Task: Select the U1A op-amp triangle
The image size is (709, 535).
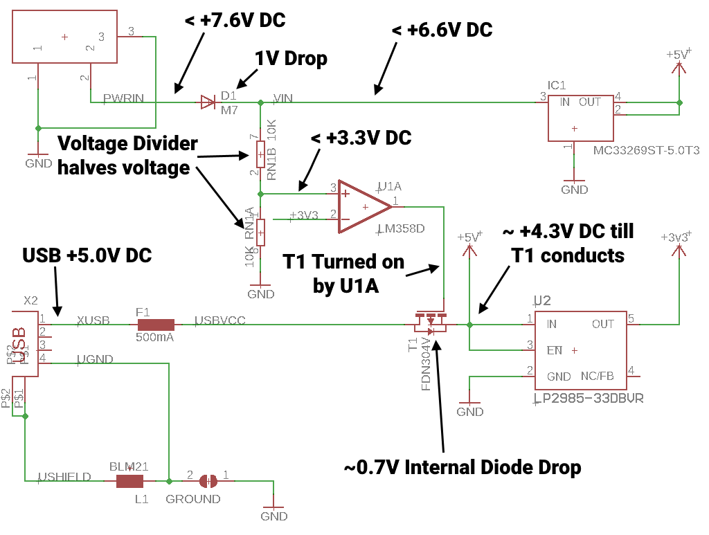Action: [x=364, y=207]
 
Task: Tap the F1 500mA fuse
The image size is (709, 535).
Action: [x=156, y=324]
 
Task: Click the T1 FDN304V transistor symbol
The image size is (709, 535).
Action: [x=431, y=322]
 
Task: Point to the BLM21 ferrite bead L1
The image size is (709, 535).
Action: [x=129, y=481]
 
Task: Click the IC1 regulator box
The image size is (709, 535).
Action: [x=581, y=118]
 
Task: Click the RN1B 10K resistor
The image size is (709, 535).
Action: [x=260, y=153]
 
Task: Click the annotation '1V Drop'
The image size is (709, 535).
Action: [x=291, y=59]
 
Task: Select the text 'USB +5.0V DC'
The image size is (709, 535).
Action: [x=87, y=255]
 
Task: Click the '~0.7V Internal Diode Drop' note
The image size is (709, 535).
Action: [x=462, y=467]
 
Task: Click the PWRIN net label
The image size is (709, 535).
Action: [x=123, y=98]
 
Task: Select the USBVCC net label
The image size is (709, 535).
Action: [x=220, y=320]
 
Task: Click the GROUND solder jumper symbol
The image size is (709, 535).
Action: [x=208, y=481]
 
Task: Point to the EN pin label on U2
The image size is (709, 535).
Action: [x=555, y=350]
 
